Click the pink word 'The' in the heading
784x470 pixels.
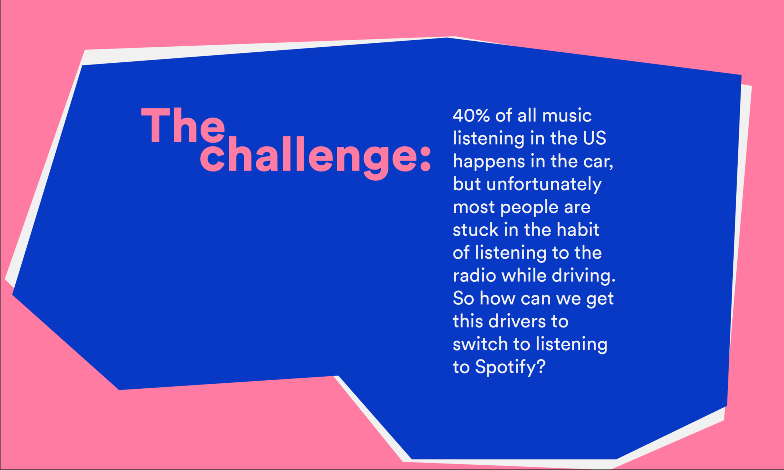coord(183,125)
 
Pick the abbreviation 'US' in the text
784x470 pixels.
coord(594,138)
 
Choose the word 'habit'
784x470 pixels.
coord(578,229)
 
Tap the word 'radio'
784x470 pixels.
coord(474,275)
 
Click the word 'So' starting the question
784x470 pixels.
coord(463,299)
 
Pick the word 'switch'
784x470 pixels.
coord(480,344)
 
